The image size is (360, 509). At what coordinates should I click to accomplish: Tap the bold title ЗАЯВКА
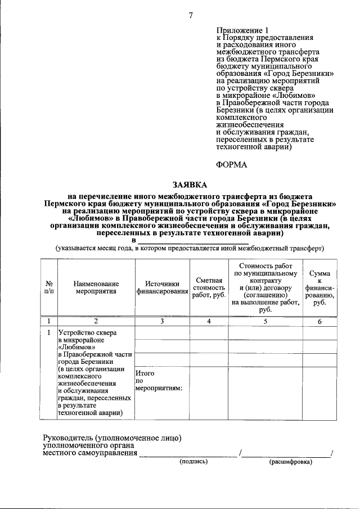(x=190, y=185)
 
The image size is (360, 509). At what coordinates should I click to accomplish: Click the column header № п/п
(x=49, y=287)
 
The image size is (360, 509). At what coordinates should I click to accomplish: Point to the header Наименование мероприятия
(x=94, y=287)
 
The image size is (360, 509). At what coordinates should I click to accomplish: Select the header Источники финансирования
(x=161, y=287)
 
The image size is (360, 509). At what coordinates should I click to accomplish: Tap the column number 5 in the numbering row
(x=265, y=321)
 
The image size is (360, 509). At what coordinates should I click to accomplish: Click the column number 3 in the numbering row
(x=161, y=321)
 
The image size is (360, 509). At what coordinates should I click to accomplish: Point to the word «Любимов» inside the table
(x=76, y=348)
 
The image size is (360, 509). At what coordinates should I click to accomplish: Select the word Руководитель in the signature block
(x=68, y=437)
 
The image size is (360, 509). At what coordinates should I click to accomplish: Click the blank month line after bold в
(x=192, y=241)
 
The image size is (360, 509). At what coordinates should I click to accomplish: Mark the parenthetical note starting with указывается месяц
(x=189, y=248)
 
